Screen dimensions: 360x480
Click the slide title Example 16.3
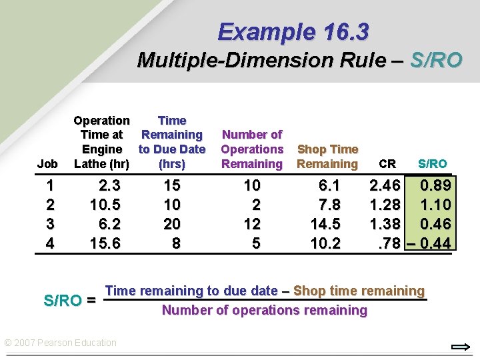[x=293, y=31]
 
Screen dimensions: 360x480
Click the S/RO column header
[x=432, y=163]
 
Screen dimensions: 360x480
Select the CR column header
[x=387, y=163]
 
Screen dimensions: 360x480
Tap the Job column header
[x=47, y=163]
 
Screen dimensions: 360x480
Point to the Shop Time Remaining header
[x=327, y=156]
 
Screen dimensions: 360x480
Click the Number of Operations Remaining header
[x=252, y=149]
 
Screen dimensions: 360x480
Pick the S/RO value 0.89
[x=434, y=185]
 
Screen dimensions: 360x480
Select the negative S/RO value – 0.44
[x=429, y=243]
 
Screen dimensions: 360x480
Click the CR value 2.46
[x=386, y=185]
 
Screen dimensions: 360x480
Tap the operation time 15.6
[x=105, y=243]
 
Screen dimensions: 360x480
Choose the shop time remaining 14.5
[x=326, y=224]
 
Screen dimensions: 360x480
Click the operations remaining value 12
[x=252, y=224]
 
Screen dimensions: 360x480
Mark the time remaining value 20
[x=172, y=224]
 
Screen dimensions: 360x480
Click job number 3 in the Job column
[x=49, y=224]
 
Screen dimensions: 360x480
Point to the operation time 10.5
[x=105, y=205]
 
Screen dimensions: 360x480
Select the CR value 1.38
[x=386, y=224]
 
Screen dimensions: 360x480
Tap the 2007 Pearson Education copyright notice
[x=61, y=343]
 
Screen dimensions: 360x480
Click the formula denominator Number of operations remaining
[x=265, y=310]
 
